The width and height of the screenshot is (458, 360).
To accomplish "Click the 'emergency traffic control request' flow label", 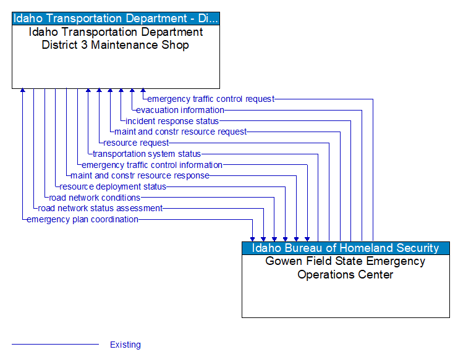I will pos(211,99).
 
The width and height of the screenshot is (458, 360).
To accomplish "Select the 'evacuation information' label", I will pos(180,110).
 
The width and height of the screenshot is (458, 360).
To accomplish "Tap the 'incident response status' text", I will pos(172,121).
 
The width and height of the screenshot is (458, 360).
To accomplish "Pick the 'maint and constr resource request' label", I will pos(180,132).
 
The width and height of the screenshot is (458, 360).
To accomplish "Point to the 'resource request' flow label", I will pos(136,143).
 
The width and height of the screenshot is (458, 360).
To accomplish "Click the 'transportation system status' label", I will pos(146,154).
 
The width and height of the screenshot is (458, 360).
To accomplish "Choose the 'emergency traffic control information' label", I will pos(152,165).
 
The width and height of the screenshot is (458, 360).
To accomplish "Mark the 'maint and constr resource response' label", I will pos(140,175).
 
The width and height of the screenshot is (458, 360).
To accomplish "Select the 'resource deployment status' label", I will pos(113,186).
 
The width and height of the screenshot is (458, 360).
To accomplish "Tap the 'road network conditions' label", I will pos(95,198).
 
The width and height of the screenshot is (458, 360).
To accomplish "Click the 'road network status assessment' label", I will pos(100,208).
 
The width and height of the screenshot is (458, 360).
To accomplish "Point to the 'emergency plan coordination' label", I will pos(82,219).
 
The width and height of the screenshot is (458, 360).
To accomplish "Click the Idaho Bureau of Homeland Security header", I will pos(346,248).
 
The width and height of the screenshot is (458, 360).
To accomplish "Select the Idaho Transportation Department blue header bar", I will pos(116,18).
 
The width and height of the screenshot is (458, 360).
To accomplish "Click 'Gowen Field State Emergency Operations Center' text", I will pos(346,268).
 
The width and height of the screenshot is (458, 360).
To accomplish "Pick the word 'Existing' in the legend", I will pos(125,345).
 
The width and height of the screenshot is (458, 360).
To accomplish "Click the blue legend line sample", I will pos(55,344).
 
